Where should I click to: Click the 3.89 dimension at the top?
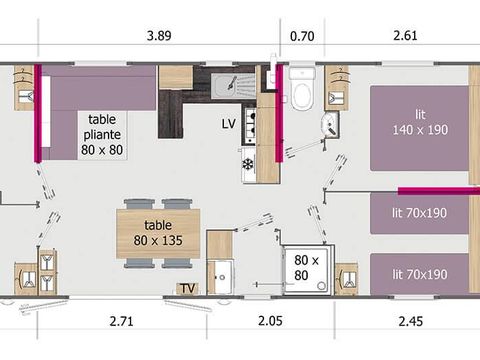point(159,35)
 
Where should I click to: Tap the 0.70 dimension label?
point(302,36)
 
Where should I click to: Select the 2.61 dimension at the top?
point(405,35)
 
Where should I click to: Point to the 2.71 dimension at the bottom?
point(122,321)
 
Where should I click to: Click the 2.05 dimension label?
point(270,321)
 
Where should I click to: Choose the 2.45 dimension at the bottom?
point(411,321)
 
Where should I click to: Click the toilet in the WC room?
point(302,88)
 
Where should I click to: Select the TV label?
point(188,288)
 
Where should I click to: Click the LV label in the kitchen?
point(229,124)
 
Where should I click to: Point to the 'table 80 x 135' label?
point(158,233)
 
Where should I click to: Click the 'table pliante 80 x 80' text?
point(102,135)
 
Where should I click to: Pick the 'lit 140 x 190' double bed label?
point(420,122)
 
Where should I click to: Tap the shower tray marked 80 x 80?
point(307,270)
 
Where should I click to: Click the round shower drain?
point(321,286)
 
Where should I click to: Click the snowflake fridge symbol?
point(248,164)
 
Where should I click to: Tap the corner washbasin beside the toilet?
point(330,125)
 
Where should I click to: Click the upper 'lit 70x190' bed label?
point(419,213)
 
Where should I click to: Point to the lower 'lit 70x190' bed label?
point(420,274)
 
